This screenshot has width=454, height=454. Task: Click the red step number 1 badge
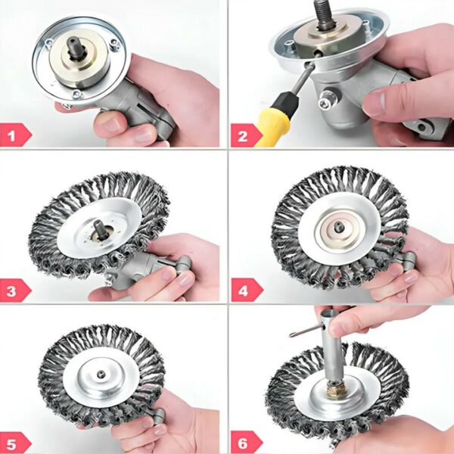click(14, 135)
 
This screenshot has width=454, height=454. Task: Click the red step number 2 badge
click(245, 135)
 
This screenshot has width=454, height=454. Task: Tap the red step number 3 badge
click(14, 291)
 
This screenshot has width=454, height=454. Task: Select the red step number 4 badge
click(246, 290)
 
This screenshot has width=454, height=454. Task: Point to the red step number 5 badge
click(14, 443)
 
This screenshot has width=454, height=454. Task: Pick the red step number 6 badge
click(245, 443)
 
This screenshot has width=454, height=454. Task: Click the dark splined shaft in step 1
click(76, 47)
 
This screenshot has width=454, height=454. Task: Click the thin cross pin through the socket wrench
click(306, 331)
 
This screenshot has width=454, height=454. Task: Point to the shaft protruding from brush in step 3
click(101, 229)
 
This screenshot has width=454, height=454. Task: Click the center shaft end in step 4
click(339, 226)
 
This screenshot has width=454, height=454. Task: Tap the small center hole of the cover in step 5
click(101, 375)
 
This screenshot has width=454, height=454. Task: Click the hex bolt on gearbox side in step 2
click(325, 101)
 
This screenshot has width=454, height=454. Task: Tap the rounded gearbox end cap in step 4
click(409, 260)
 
